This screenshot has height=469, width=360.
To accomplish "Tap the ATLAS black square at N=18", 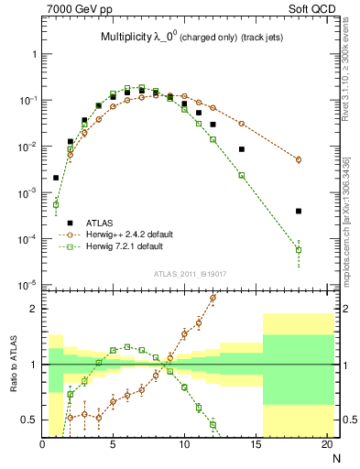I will click(x=299, y=211).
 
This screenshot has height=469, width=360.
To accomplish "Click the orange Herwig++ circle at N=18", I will click(x=299, y=159).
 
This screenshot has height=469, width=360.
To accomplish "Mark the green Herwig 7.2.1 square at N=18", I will click(x=299, y=249).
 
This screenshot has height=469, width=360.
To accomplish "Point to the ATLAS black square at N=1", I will click(x=56, y=178).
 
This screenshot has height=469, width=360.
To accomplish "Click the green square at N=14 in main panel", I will click(x=242, y=175).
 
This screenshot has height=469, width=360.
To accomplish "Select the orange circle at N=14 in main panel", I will click(x=242, y=123).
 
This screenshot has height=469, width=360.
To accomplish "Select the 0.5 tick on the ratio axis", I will click(x=30, y=420).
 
